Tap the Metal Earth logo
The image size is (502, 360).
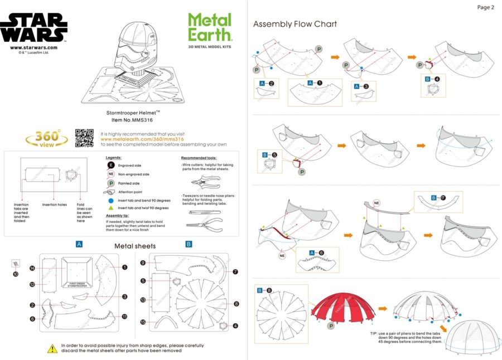coord(210,28)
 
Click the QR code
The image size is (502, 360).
coord(85,138)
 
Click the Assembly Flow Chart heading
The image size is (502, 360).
coord(295,24)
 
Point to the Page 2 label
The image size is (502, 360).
coord(485,7)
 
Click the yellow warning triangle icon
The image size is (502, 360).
coord(52,348)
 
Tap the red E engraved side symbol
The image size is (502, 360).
coord(111,166)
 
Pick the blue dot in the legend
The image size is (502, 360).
coord(111,200)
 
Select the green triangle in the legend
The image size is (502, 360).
coord(111,207)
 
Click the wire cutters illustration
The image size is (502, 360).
coord(202,182)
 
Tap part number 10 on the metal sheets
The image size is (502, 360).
coord(16,274)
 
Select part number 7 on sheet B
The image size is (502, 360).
coord(235,272)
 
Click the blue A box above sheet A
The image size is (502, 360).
coord(79,244)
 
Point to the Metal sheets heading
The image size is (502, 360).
coord(135,246)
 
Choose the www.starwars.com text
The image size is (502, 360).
coord(33,48)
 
